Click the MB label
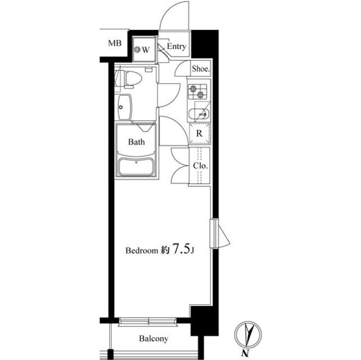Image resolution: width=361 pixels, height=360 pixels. [115, 43]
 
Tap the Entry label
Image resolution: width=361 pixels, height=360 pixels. [177, 46]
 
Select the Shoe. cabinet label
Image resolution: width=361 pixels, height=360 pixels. [201, 69]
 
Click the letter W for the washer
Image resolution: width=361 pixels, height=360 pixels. [146, 50]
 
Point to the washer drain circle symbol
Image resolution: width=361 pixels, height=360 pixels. [138, 49]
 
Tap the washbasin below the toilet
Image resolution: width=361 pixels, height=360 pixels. [125, 107]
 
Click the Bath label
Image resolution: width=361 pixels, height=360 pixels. [137, 141]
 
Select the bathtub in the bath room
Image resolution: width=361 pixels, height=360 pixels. [136, 167]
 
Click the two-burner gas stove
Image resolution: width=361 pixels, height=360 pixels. [197, 91]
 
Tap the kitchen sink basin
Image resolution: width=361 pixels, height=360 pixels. [199, 114]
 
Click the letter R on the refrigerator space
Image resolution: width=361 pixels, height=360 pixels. [199, 133]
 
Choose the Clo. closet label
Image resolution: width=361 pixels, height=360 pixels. [201, 166]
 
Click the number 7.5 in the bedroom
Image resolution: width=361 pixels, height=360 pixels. [182, 249]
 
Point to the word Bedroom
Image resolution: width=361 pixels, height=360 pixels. [142, 250]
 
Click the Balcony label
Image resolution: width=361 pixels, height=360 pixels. [153, 339]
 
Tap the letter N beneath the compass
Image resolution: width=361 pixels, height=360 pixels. [245, 353]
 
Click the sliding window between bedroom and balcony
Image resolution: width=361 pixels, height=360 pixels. [148, 322]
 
